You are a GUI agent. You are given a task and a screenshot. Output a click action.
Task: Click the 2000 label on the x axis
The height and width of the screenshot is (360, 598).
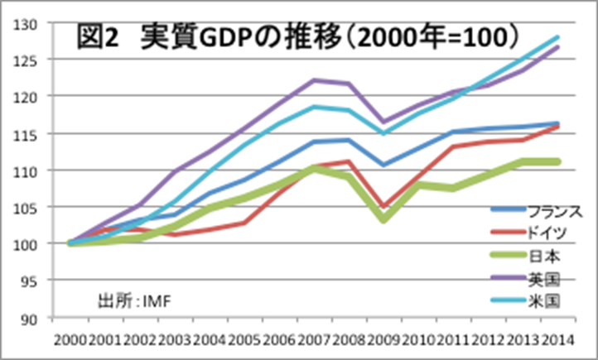(70, 339)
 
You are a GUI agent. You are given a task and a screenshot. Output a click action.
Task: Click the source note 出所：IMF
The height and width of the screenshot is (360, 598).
(133, 298)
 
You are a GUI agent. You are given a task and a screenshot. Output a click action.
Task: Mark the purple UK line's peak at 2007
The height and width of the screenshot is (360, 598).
(314, 80)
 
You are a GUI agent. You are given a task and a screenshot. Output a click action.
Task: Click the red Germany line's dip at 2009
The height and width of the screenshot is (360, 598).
(383, 207)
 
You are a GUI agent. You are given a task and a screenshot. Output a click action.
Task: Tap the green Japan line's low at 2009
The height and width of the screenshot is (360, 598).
(383, 218)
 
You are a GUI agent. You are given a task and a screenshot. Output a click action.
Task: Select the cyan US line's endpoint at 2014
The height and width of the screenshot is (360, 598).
(557, 37)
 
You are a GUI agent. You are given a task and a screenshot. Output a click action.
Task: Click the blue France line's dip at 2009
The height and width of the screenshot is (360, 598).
(383, 165)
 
